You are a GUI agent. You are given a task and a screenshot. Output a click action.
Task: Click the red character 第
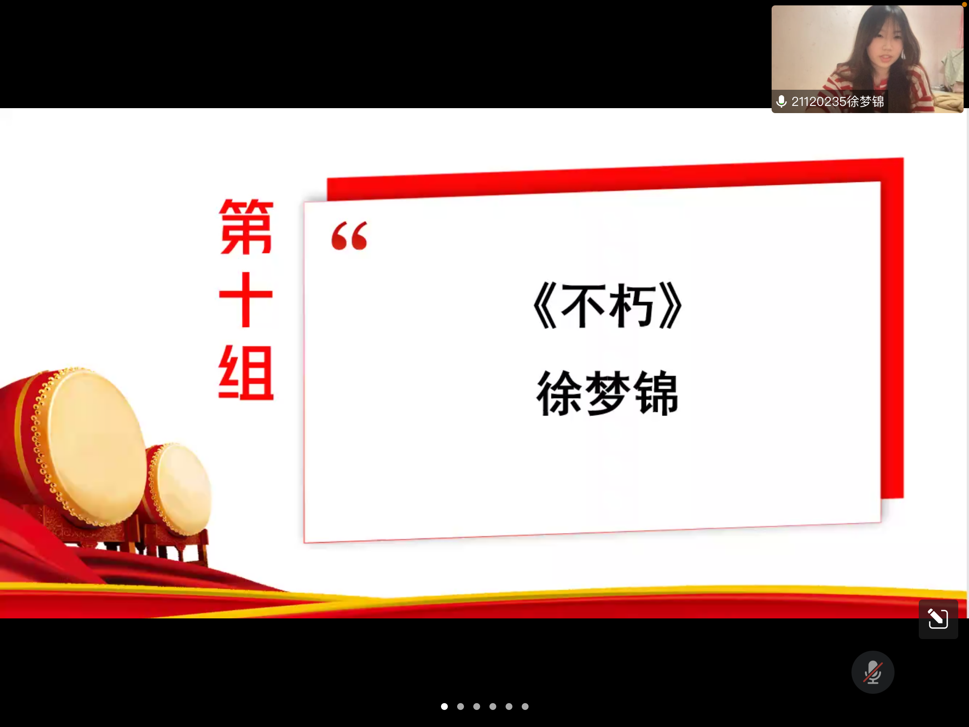pyautogui.click(x=246, y=227)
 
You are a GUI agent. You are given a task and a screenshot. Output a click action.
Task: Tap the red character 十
pyautogui.click(x=246, y=299)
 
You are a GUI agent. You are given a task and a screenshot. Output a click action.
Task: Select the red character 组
pyautogui.click(x=246, y=372)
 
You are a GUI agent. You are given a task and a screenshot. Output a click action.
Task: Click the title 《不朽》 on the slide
pyautogui.click(x=607, y=306)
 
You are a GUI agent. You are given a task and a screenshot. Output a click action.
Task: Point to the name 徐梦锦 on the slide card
pyautogui.click(x=607, y=393)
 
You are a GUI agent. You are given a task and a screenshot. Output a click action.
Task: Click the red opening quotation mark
pyautogui.click(x=349, y=236)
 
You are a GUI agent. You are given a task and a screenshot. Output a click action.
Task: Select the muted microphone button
pyautogui.click(x=873, y=672)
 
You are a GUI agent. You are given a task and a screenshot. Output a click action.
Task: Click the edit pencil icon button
pyautogui.click(x=938, y=619)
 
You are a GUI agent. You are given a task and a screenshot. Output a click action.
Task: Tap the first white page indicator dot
pyautogui.click(x=445, y=706)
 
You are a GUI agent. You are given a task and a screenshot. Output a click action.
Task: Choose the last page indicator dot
pyautogui.click(x=525, y=706)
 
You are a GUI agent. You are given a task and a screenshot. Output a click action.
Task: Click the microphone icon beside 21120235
pyautogui.click(x=781, y=101)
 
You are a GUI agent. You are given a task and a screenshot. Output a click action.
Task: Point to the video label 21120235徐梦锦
pyautogui.click(x=838, y=101)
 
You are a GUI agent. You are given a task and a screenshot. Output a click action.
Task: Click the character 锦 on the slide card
pyautogui.click(x=655, y=393)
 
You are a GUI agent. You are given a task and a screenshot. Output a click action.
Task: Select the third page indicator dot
pyautogui.click(x=477, y=706)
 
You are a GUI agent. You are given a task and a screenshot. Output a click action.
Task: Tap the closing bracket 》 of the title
pyautogui.click(x=671, y=306)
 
